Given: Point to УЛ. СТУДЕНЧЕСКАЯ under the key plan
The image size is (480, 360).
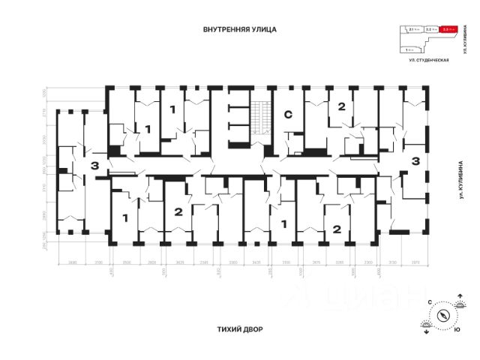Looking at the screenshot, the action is click(x=427, y=59).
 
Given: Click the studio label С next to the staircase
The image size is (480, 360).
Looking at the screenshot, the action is click(x=287, y=115).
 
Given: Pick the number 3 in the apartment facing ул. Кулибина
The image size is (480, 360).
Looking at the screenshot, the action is click(x=415, y=160).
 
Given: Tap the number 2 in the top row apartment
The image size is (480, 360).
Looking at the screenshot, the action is click(x=341, y=106).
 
